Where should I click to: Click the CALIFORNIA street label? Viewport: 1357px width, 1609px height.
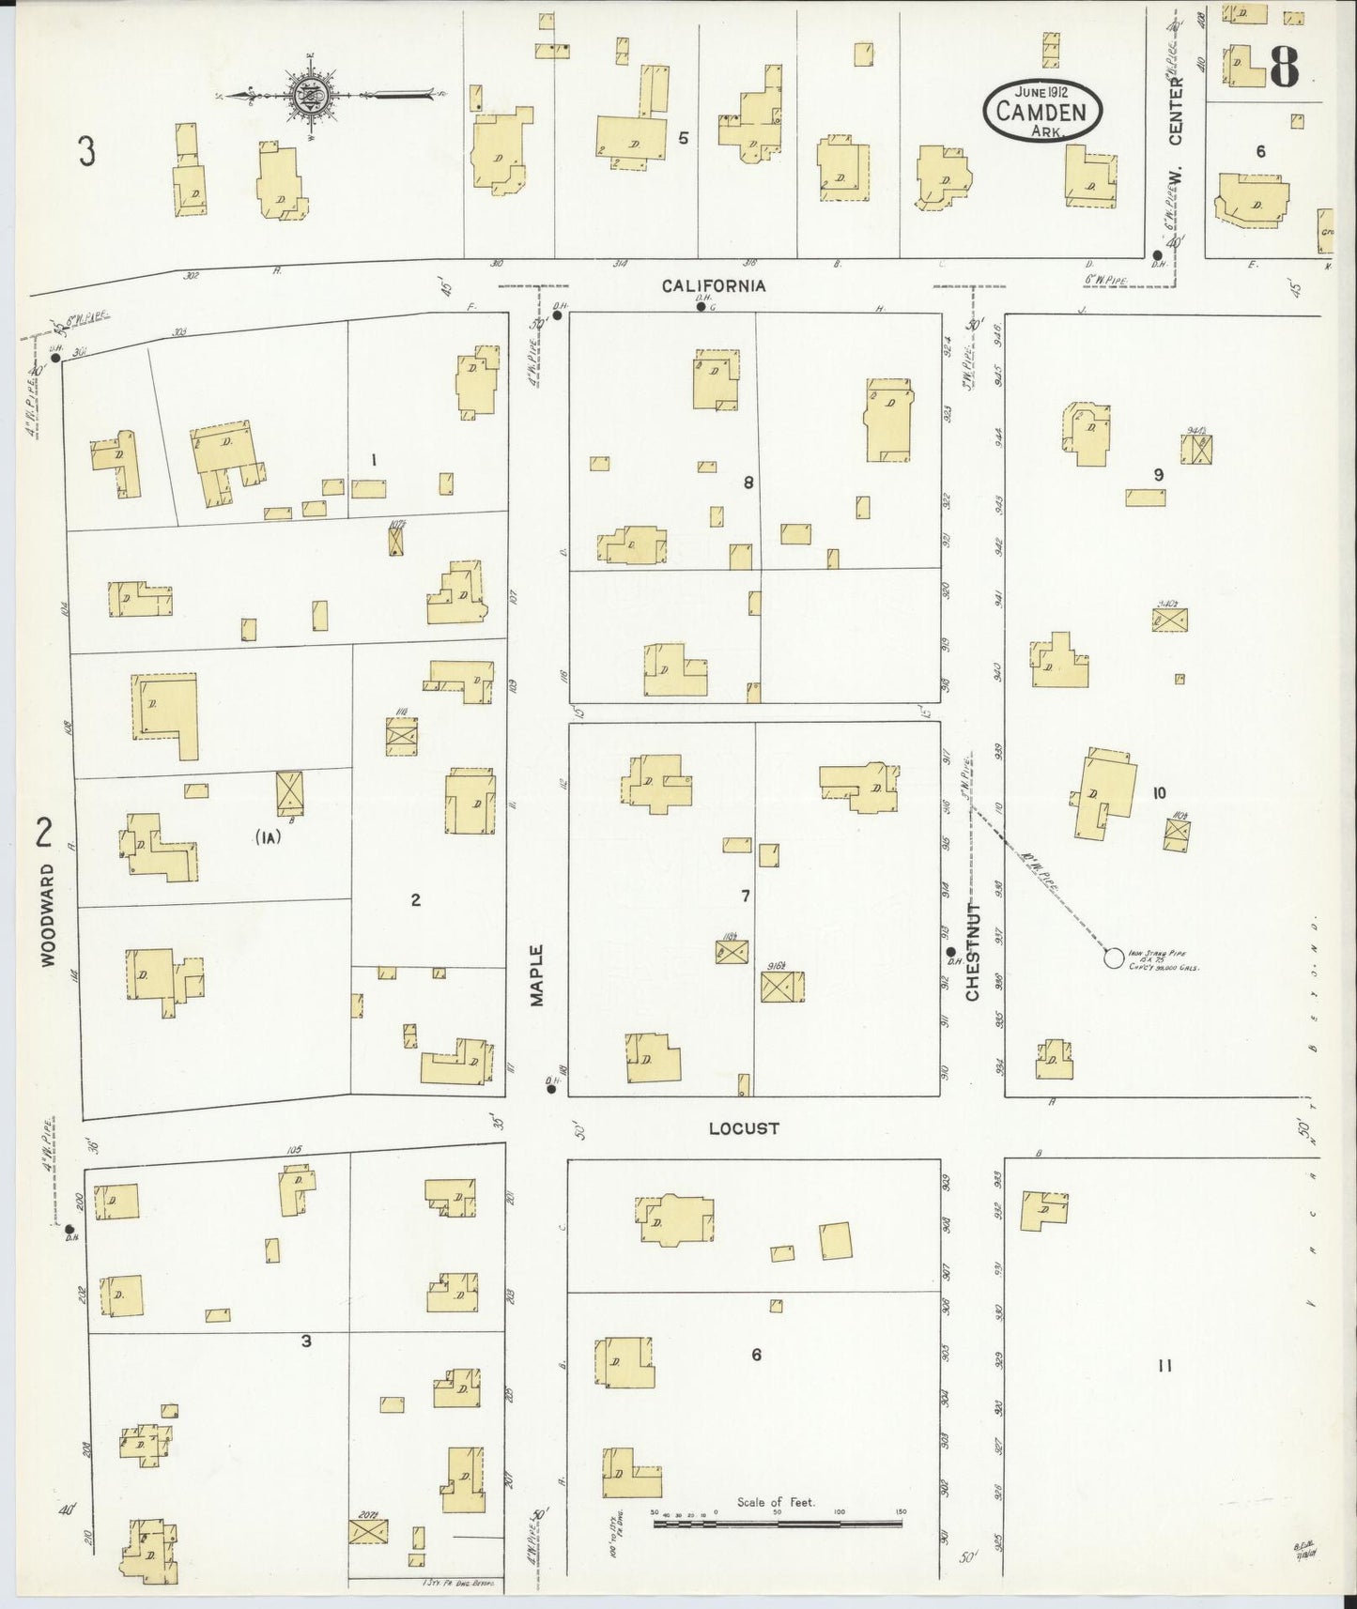coord(714,285)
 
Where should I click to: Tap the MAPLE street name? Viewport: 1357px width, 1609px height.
coord(536,976)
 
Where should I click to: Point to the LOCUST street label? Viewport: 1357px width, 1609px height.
coord(744,1127)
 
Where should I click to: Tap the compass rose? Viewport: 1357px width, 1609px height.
coord(313,94)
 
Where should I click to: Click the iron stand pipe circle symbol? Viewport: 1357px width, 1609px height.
coord(1113,958)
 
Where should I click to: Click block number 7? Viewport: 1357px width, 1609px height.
coord(745,896)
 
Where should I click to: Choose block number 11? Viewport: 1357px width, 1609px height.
coord(1164,1366)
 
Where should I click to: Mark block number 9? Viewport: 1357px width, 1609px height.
coord(1159,475)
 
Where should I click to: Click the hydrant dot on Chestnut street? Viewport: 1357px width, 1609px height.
coord(950,951)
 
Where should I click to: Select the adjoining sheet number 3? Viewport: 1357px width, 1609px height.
coord(86,151)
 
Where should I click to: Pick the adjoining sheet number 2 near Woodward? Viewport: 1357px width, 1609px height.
coord(43,832)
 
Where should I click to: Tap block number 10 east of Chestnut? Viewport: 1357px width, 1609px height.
coord(1159,793)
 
